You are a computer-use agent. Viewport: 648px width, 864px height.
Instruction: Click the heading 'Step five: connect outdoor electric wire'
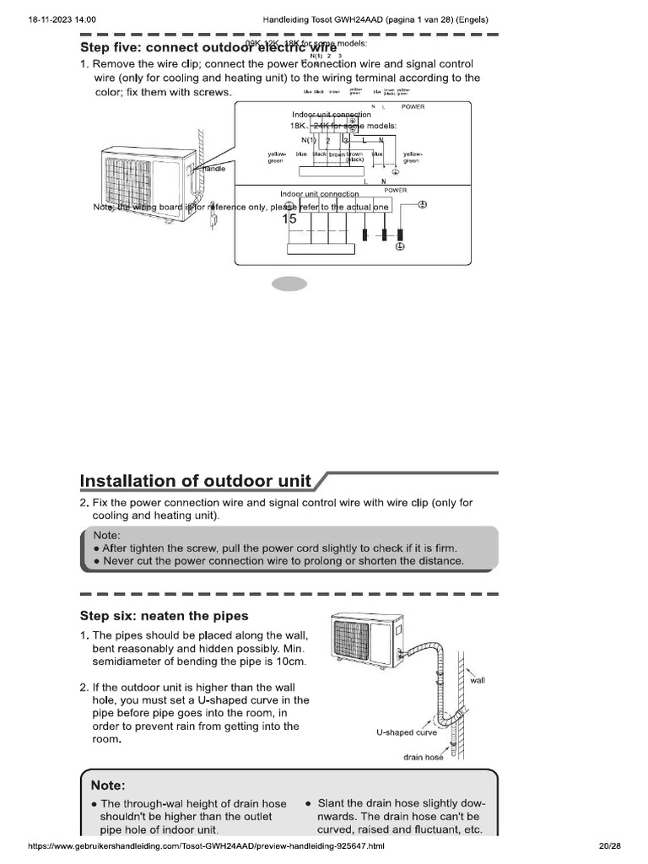208,47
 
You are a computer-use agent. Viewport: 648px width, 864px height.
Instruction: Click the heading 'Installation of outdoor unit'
196,481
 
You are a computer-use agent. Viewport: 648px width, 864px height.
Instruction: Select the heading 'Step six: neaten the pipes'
164,615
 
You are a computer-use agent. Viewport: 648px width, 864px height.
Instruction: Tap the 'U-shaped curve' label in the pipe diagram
407,732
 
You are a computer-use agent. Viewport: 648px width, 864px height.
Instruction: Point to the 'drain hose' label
424,757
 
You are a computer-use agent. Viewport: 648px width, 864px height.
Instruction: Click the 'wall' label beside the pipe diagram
478,679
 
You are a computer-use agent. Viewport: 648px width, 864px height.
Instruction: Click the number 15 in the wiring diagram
290,219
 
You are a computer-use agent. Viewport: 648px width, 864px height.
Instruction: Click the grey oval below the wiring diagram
289,284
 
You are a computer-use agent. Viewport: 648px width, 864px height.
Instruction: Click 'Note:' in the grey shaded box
107,534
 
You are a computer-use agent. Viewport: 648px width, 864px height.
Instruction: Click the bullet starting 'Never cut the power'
278,560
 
